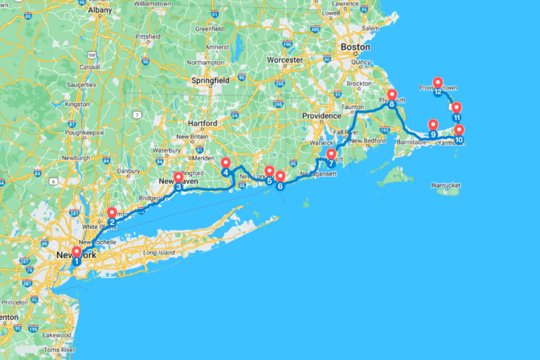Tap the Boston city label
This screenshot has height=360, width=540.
(354, 46)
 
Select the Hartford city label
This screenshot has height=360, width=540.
(202, 122)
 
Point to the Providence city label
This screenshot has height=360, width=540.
(321, 115)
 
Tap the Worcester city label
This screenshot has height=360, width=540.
(285, 60)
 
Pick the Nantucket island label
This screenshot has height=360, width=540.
(445, 185)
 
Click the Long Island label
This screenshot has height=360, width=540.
(158, 252)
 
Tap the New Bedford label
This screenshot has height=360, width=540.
(366, 141)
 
